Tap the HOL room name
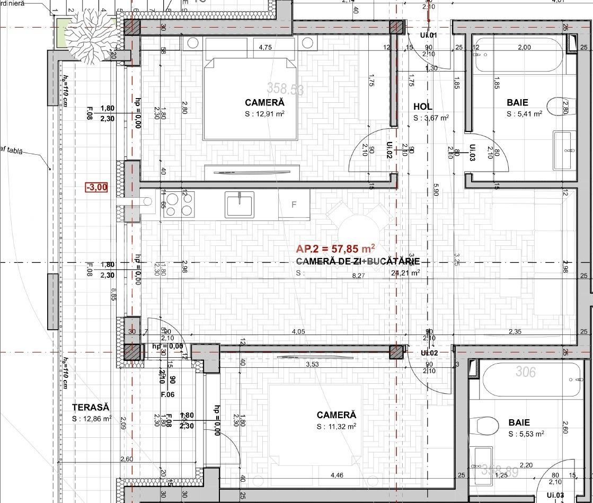tap(423, 107)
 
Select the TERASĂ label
tap(91, 407)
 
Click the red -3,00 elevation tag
tap(96, 187)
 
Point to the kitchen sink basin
tap(240, 205)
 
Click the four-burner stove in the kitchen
tap(179, 205)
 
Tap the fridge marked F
tap(294, 205)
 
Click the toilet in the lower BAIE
tap(488, 425)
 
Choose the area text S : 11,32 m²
tap(337, 426)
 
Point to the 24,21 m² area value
tap(405, 273)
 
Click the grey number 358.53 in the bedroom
tap(285, 88)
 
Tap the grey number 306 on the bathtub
tap(526, 372)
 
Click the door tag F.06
tap(167, 395)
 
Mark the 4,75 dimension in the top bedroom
tap(265, 47)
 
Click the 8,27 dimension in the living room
tap(359, 275)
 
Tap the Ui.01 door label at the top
tap(428, 36)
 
